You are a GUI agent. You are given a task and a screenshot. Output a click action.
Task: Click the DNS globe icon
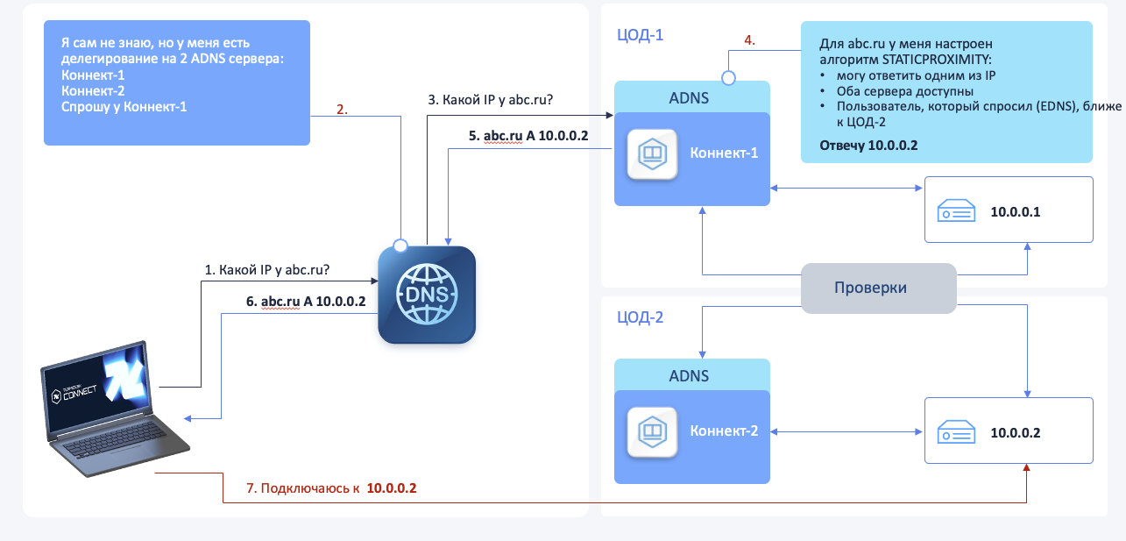(x=427, y=294)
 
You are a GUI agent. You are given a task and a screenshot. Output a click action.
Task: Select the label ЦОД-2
(x=641, y=317)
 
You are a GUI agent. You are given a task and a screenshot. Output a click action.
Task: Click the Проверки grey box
(x=879, y=288)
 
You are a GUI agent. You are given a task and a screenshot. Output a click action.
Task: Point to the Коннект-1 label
(x=724, y=153)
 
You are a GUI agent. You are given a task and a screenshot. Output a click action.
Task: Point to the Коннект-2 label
(x=724, y=431)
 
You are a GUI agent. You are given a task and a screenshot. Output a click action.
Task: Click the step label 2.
(x=343, y=110)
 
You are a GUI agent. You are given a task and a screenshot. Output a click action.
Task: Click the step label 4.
(x=749, y=40)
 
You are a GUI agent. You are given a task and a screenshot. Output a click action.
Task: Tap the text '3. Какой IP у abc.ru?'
(x=496, y=99)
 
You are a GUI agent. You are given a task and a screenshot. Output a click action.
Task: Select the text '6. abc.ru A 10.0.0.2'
(x=306, y=300)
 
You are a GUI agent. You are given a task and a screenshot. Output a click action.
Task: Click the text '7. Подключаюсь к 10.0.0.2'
(x=330, y=488)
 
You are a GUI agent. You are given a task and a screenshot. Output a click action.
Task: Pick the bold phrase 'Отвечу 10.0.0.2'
(x=868, y=146)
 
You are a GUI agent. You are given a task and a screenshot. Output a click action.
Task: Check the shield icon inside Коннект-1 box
(x=653, y=154)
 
